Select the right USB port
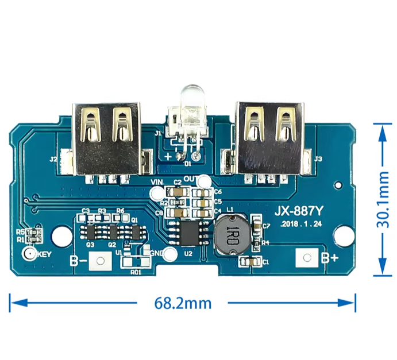(269, 138)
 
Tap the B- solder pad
(101, 261)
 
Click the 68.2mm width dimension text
(183, 303)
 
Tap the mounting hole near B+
(344, 235)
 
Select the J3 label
(318, 158)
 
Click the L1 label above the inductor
(230, 211)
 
